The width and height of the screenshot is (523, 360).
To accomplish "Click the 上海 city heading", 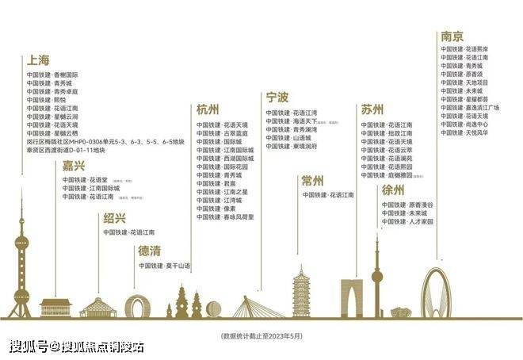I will [39, 60].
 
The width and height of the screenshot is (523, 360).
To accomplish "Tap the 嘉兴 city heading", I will [74, 166].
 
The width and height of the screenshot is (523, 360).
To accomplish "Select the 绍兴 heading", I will [114, 218].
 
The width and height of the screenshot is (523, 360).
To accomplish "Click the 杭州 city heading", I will [208, 110].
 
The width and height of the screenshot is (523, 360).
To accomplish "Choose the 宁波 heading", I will [277, 98].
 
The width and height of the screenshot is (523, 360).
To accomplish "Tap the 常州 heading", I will [312, 181].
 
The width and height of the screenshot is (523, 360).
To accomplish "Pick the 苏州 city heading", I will [372, 109].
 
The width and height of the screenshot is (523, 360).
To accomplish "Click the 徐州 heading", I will [393, 190].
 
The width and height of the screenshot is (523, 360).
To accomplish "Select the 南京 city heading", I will [452, 36].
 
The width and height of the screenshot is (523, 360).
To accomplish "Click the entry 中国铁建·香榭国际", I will [52, 74].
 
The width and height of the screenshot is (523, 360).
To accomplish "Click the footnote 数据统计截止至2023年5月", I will [261, 336].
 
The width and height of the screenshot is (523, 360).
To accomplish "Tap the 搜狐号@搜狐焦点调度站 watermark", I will [76, 347].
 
